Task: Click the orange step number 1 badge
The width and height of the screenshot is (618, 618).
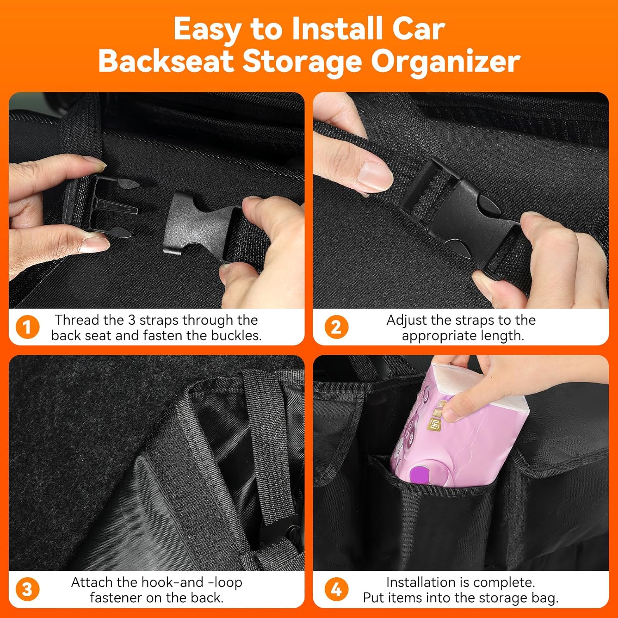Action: (x=27, y=328)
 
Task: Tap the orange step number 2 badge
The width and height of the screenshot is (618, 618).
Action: (x=336, y=328)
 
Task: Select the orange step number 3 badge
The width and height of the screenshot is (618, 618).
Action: (x=27, y=590)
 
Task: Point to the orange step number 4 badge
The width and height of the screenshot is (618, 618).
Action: (x=336, y=590)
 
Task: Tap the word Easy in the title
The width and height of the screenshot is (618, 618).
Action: (x=208, y=30)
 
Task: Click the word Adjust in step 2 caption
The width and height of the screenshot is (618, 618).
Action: (x=406, y=320)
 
